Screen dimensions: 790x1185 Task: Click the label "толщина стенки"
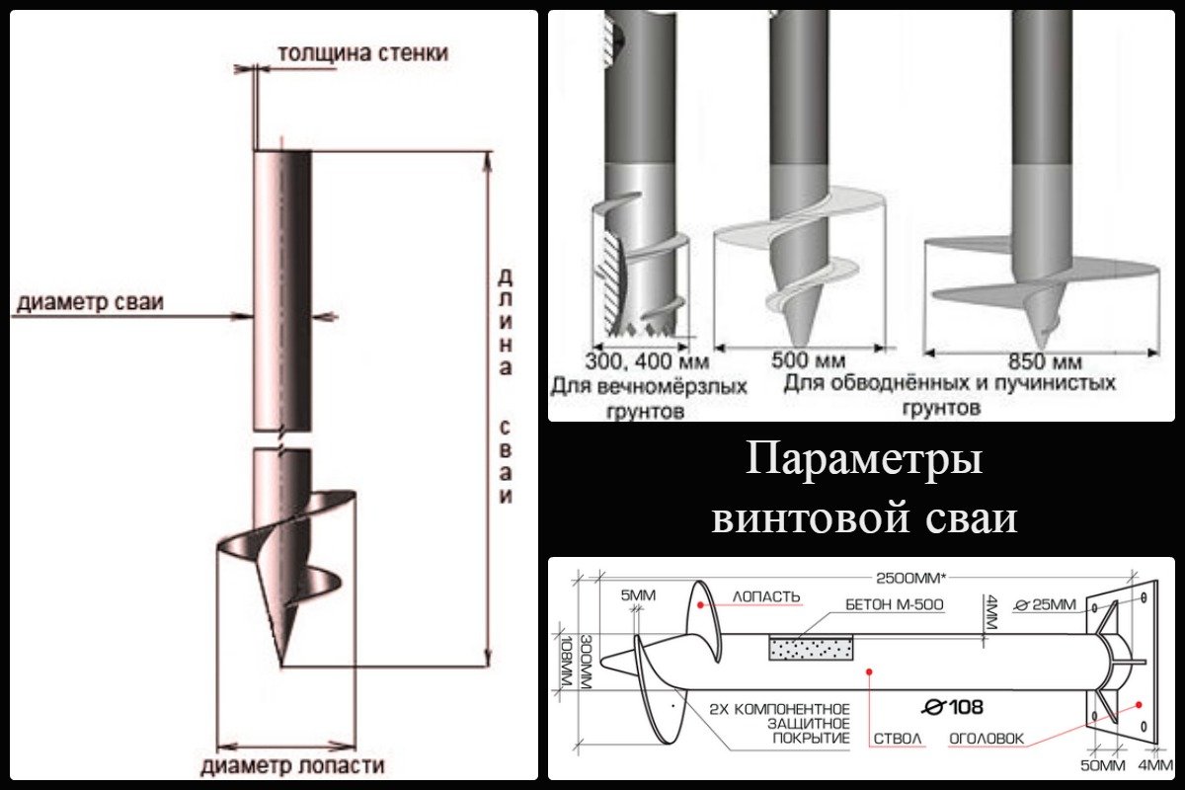tap(362, 52)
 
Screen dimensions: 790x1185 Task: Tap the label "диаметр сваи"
tap(89, 303)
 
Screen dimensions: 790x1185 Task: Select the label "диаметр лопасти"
tap(292, 765)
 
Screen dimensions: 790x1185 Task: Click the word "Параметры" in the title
tap(864, 461)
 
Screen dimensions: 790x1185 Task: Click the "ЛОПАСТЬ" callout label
tap(765, 597)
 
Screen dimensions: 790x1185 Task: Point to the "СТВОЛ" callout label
tap(897, 738)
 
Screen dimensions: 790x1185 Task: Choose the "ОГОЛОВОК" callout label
tap(987, 738)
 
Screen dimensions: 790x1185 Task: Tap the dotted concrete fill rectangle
tap(812, 648)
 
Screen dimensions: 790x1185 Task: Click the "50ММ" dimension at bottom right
tap(1106, 765)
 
